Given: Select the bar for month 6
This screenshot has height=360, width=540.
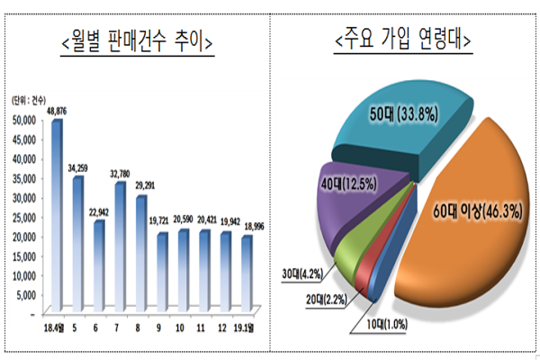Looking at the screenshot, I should [99, 265].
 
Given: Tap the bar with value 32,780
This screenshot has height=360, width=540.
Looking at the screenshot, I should [121, 247].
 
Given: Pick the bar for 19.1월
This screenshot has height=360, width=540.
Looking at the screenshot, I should [247, 274].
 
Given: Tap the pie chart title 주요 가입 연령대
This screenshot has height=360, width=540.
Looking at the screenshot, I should [404, 40].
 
